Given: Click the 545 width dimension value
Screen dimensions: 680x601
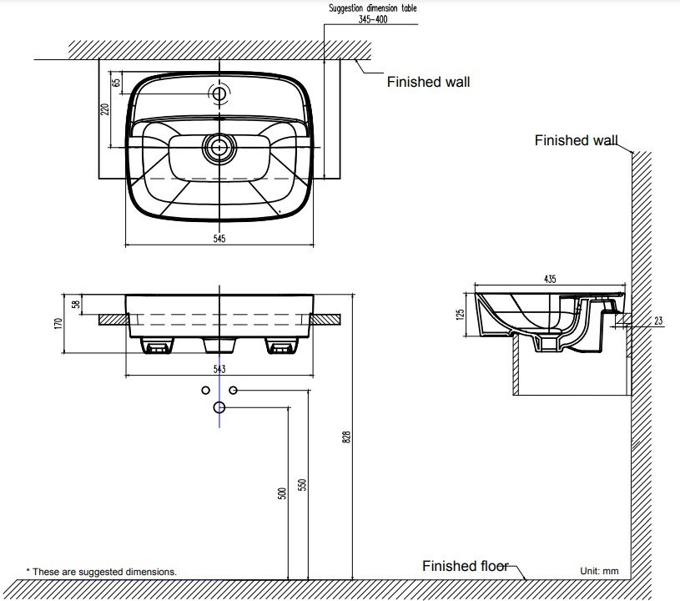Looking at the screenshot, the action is [x=219, y=238].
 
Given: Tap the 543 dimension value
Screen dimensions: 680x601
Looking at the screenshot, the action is [x=219, y=369].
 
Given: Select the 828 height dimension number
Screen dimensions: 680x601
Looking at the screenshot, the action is [x=346, y=437].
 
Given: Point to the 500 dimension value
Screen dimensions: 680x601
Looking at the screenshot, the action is [x=282, y=493].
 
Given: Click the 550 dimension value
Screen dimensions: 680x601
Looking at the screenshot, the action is [x=302, y=485].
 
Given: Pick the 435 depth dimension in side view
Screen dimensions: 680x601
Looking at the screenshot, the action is [x=550, y=279].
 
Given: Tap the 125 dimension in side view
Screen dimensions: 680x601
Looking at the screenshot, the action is [x=461, y=314].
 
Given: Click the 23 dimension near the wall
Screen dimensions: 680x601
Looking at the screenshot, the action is [x=658, y=321].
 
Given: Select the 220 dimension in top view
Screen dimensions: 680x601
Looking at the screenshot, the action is [x=104, y=109].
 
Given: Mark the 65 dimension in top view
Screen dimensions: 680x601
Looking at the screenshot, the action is [x=116, y=83].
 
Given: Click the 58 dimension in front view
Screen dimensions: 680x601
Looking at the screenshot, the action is [x=76, y=304].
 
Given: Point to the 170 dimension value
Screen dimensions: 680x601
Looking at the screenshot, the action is [x=58, y=324].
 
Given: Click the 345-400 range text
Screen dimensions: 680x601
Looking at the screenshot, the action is [x=373, y=19].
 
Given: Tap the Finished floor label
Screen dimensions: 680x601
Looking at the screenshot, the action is [x=466, y=566].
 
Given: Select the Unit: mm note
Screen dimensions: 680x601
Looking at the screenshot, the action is [x=599, y=571].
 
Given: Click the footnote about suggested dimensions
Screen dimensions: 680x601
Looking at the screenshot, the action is [x=102, y=572].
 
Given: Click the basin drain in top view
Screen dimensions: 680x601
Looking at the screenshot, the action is [x=219, y=148].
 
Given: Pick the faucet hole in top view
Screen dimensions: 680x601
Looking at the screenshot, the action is [x=219, y=93].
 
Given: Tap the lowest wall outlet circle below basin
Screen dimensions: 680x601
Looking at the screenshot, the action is [x=219, y=407].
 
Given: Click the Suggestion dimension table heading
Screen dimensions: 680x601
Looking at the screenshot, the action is [x=373, y=8].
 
